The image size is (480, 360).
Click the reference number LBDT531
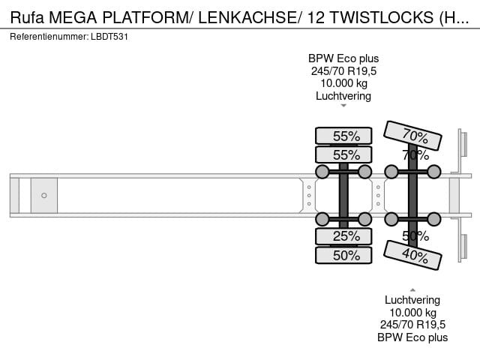coord(109,37)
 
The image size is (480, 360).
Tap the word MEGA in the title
coord(73,18)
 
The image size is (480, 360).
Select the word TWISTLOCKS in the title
coord(382,18)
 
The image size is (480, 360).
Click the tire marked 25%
coord(343,236)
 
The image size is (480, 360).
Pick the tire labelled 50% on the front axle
coord(343,255)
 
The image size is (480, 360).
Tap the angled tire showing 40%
coord(412,255)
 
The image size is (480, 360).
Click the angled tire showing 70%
coord(412,135)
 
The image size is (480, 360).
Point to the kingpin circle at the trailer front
coord(44,195)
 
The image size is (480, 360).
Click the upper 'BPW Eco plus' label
coord(343,58)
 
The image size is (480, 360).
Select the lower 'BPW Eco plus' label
coord(412,337)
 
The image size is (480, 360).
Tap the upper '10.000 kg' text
coord(343,83)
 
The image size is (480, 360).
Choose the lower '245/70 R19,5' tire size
coord(412,325)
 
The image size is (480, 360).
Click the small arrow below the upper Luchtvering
coord(343,106)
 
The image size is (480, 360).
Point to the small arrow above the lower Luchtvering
coord(412,290)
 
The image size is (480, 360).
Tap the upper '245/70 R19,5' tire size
coord(343,71)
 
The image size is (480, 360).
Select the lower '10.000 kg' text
coord(412,313)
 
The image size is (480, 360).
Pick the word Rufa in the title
coord(27,18)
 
